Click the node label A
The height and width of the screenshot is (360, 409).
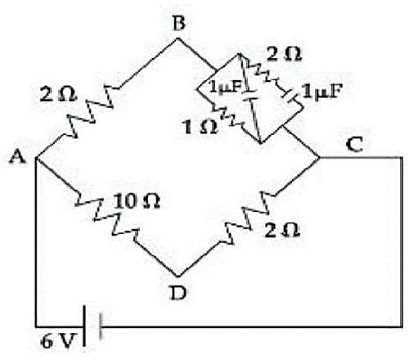17,157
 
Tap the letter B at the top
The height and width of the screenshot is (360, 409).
179,23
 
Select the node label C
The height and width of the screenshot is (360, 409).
355,145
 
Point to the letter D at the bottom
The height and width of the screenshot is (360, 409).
178,293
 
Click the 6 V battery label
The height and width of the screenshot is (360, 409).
58,341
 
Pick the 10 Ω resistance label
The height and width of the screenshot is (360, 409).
137,201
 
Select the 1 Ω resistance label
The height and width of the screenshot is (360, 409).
201,127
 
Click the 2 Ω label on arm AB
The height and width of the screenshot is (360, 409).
58,95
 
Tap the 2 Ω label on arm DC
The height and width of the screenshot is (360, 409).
282,231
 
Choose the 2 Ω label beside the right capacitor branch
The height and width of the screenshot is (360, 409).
284,54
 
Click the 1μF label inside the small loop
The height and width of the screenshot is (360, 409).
226,87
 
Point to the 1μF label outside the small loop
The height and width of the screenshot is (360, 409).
321,92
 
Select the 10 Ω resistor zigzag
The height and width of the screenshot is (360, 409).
107,218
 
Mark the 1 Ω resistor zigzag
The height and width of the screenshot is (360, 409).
227,115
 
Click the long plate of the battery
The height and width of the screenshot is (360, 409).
84,326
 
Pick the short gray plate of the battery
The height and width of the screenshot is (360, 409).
101,326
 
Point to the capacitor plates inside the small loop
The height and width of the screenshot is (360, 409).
251,95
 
